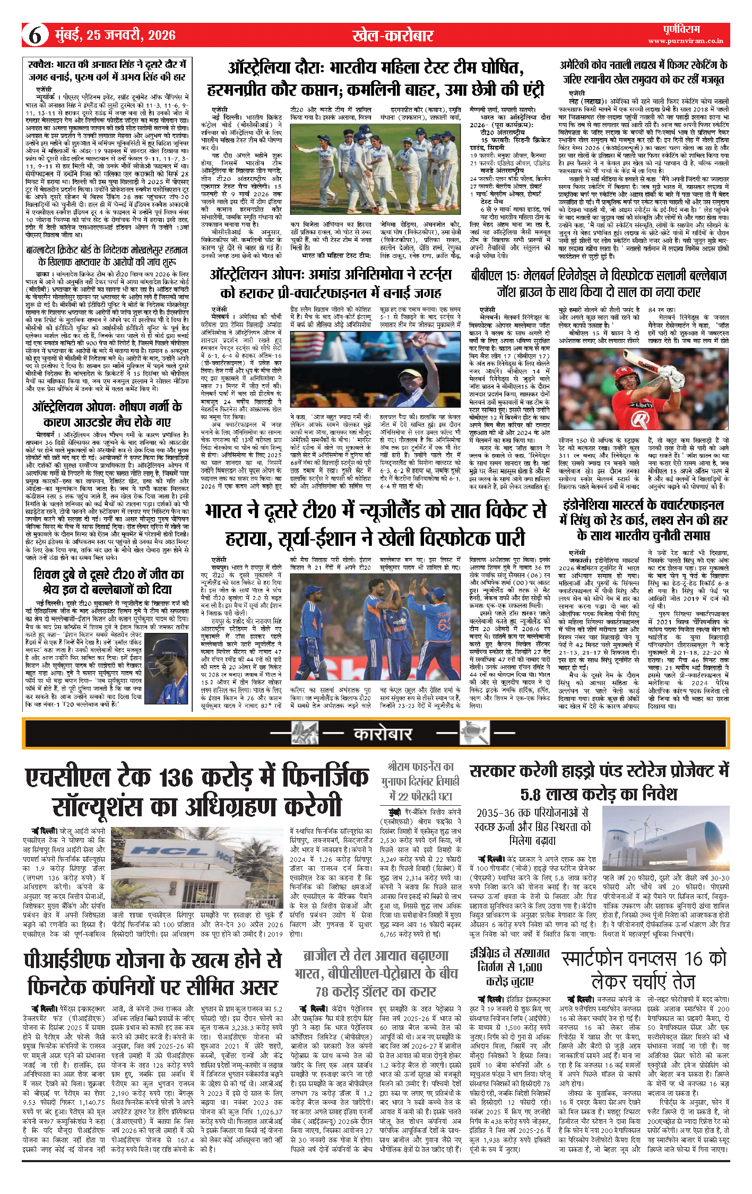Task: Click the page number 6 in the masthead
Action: point(34,36)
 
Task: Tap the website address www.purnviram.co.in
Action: point(685,41)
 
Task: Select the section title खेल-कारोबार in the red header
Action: point(393,36)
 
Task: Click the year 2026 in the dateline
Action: point(162,36)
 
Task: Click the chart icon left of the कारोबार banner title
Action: point(305,733)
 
